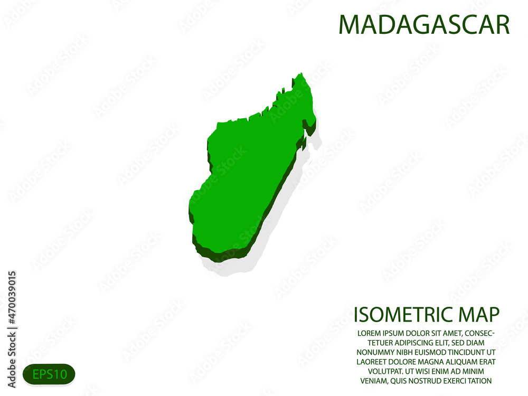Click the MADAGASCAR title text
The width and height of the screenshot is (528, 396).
(x=424, y=25)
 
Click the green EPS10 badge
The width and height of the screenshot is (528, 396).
(x=49, y=374)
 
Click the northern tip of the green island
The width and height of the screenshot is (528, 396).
(x=302, y=75)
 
